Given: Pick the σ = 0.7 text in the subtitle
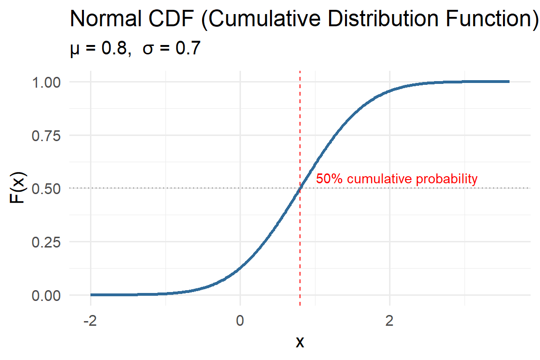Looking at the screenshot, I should point(172,48).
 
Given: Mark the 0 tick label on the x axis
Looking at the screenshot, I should point(240,321).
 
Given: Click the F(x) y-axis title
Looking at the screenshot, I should point(18,188).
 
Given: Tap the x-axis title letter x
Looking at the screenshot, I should point(300,342).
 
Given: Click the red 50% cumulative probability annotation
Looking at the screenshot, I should point(397,179).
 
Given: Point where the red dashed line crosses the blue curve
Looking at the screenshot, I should point(300,188).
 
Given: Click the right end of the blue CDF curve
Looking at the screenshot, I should point(509,82).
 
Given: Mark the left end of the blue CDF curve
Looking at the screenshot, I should point(91,295).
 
